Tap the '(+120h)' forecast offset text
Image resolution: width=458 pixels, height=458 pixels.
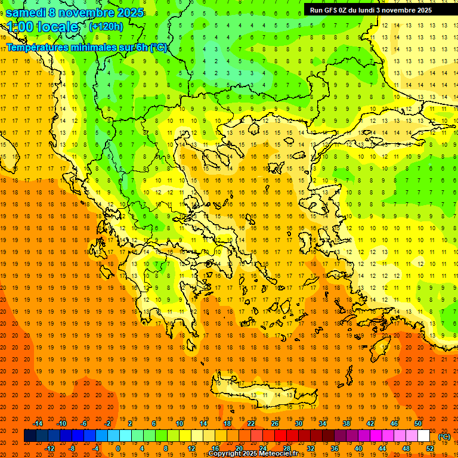tap(106, 26)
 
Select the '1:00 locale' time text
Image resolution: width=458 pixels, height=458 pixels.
tap(42, 27)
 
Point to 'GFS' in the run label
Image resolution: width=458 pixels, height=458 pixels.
tap(332, 10)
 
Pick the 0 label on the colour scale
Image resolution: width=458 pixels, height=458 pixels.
tap(117, 448)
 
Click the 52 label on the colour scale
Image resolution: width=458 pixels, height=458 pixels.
tap(431, 448)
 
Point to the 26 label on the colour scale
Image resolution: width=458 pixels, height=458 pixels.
tap(275, 423)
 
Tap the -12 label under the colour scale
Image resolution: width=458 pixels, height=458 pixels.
tap(50, 448)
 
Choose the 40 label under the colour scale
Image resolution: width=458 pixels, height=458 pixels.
tap(358, 448)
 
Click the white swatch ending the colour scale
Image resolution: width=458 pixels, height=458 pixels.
tap(424, 436)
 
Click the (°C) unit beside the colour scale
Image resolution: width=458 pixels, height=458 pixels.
tap(444, 437)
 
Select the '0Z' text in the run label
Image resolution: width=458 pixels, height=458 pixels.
tap(346, 10)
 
